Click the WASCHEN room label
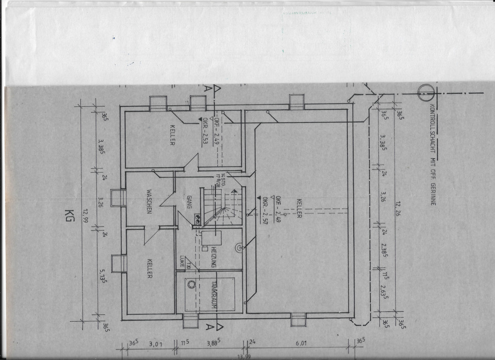(x=148, y=201)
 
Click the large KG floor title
(x=68, y=216)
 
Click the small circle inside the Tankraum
(x=191, y=284)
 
